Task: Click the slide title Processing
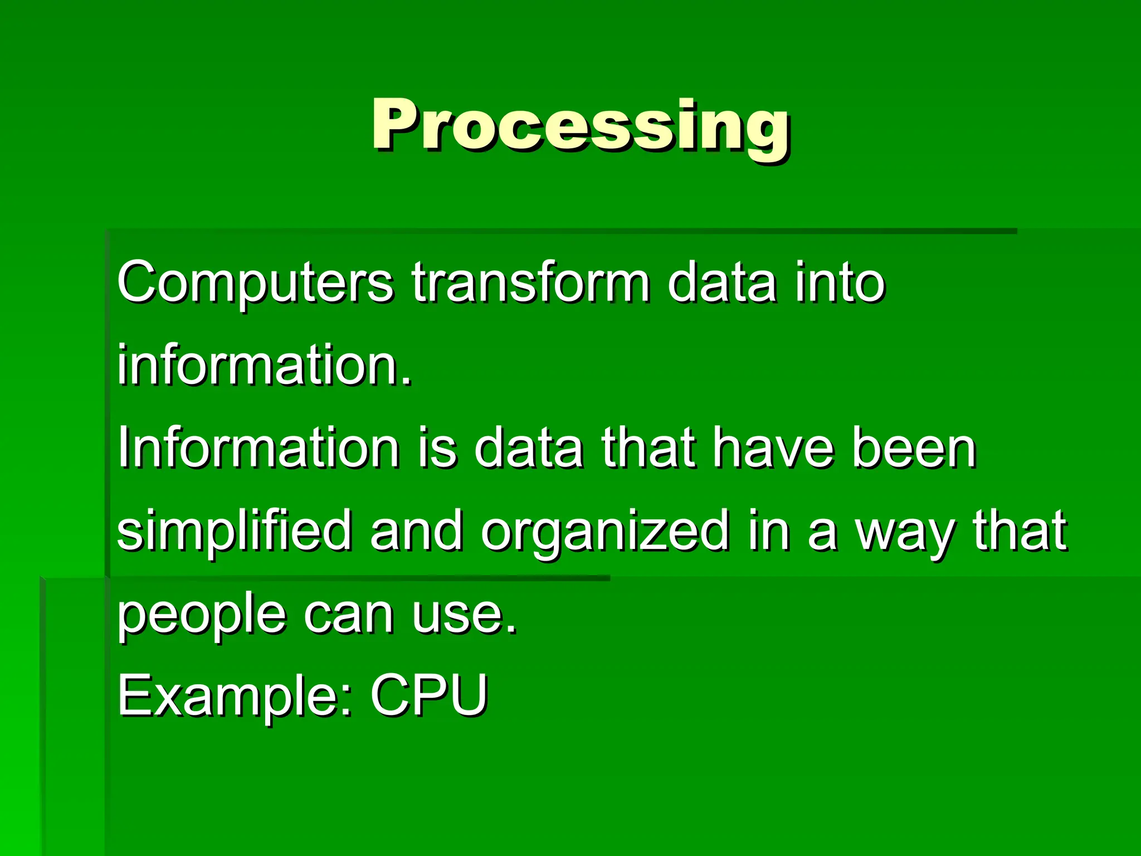click(581, 125)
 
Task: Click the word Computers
click(255, 283)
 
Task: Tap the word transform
click(530, 283)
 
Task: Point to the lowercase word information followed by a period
click(264, 366)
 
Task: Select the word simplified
click(235, 532)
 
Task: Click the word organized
click(605, 532)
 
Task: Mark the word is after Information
click(437, 448)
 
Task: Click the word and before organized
click(416, 532)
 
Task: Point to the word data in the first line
click(721, 283)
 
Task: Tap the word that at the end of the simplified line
click(1019, 532)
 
